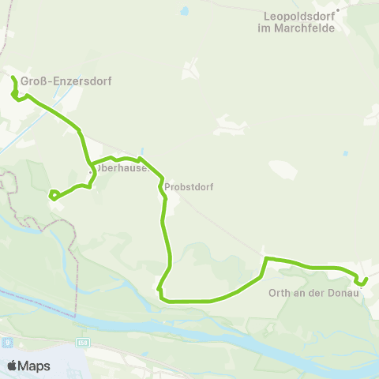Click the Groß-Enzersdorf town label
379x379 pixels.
49,81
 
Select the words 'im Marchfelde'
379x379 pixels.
297,28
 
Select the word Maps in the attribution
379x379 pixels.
34,366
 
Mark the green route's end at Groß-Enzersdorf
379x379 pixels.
13,77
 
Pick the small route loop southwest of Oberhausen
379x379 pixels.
53,194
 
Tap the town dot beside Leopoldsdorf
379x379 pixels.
336,10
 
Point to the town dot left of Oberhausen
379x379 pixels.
90,170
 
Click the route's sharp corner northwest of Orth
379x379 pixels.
266,258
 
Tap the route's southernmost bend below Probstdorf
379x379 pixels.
162,298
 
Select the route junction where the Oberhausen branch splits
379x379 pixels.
92,167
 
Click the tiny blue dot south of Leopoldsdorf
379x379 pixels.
346,153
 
